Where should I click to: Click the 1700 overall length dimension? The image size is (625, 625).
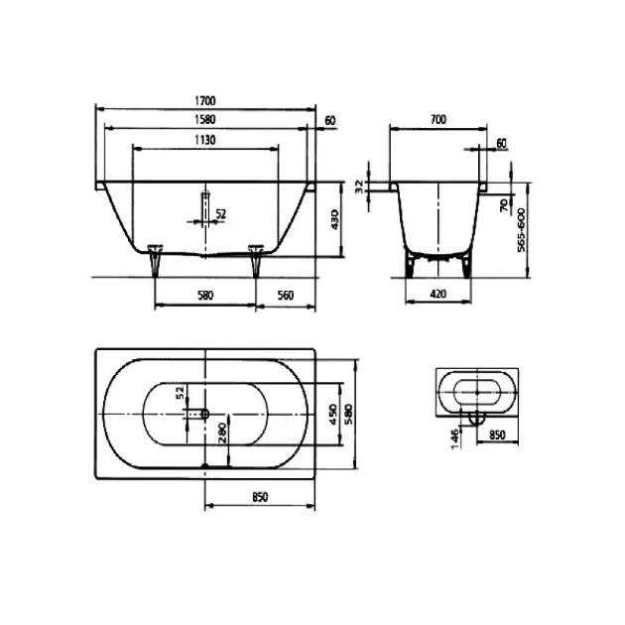coord(205,101)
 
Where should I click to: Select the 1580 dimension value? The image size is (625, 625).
coord(205,120)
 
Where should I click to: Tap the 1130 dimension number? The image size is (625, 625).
coord(205,140)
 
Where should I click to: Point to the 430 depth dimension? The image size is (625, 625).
coord(334,219)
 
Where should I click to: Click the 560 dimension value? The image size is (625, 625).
coord(286,296)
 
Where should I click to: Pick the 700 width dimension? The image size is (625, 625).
coord(438,120)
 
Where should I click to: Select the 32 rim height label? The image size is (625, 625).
coord(359,187)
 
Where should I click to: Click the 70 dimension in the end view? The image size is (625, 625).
coord(503,205)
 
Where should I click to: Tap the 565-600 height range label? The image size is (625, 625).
coord(521,230)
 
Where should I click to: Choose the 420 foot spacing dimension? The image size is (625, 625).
coord(438,295)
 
